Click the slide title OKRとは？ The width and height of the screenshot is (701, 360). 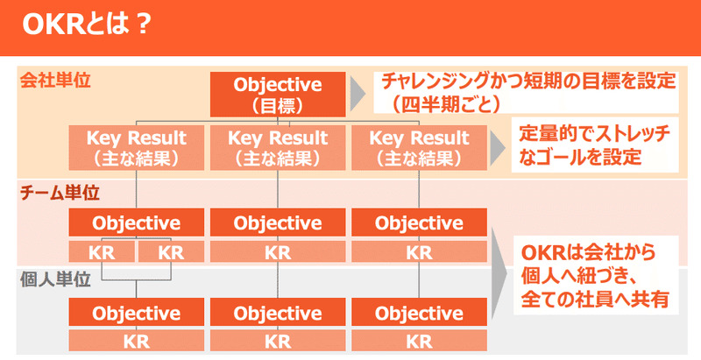pos(84,23)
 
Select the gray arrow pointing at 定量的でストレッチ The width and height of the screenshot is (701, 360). pos(498,146)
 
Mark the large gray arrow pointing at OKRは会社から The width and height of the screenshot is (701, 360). pos(500,272)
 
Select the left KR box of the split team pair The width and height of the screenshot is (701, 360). pos(101,252)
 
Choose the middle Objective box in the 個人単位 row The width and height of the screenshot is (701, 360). pos(277,313)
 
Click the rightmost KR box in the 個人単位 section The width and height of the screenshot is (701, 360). pos(419,341)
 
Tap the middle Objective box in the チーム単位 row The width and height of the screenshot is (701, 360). pos(277,222)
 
